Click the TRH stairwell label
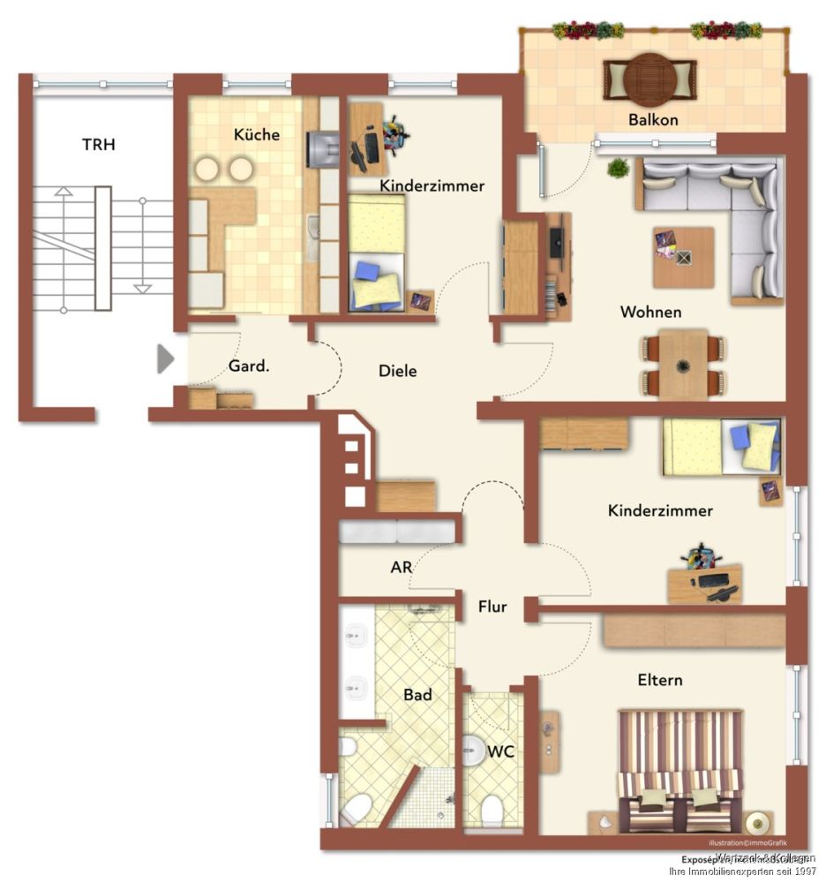99,145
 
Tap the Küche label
257,135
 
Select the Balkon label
653,119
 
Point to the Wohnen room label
650,313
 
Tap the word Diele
397,371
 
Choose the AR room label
402,568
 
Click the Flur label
492,607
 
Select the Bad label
417,695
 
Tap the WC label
500,751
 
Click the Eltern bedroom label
660,681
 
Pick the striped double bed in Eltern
680,768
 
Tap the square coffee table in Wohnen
683,257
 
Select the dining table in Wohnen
684,364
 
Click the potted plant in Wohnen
619,167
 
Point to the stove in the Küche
322,148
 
